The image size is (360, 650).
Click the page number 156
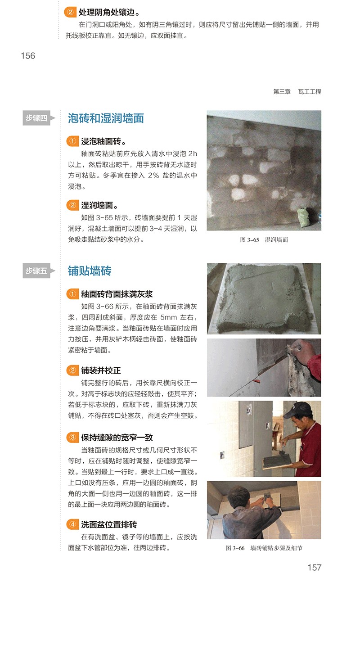tap(28, 56)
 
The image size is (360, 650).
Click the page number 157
tap(315, 567)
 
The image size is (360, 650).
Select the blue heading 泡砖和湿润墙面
tap(106, 118)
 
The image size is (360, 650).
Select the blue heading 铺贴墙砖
tap(90, 271)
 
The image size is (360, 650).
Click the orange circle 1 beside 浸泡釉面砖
tap(72, 141)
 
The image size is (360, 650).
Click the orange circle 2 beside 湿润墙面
tap(72, 205)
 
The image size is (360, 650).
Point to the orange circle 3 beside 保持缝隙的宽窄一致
tap(72, 437)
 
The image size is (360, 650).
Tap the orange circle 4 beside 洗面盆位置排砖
tap(72, 524)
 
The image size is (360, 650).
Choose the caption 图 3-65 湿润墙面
tap(264, 239)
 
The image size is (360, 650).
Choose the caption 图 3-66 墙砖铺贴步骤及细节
tap(264, 548)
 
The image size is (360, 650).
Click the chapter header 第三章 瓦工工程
tap(297, 92)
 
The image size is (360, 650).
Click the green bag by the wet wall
tap(303, 218)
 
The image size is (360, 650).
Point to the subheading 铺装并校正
tap(101, 370)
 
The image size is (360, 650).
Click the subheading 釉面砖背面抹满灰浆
tap(117, 294)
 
